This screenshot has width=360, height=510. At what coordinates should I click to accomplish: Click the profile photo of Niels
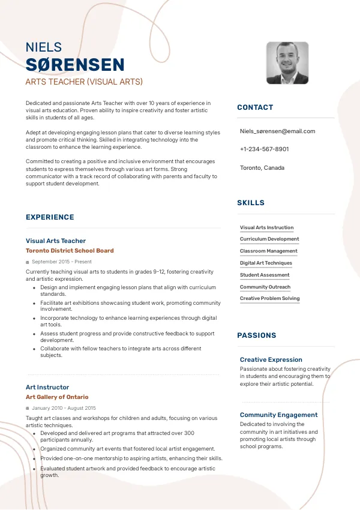click(287, 63)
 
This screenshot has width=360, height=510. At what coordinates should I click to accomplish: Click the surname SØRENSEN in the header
click(75, 65)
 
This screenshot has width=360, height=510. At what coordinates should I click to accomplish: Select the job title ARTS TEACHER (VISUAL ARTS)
click(84, 82)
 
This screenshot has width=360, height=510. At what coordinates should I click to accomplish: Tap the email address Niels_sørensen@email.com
click(277, 131)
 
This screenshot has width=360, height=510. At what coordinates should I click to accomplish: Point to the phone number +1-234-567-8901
click(264, 149)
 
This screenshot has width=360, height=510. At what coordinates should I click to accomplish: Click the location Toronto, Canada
click(262, 167)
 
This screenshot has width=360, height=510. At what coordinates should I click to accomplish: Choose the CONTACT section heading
click(255, 107)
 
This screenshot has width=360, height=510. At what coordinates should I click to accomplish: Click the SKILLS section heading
click(251, 203)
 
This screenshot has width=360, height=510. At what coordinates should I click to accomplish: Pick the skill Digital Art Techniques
click(266, 263)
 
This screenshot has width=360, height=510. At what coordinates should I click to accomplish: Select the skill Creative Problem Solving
click(269, 298)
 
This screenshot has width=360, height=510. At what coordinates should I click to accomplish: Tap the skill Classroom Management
click(268, 251)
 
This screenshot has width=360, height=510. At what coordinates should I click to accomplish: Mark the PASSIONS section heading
click(257, 335)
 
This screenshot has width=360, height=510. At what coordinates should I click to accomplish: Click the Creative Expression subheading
click(271, 359)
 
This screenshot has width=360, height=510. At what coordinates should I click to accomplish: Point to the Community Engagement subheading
click(278, 415)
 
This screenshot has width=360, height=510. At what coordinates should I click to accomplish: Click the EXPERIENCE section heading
click(50, 217)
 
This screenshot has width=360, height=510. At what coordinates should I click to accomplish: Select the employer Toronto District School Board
click(70, 251)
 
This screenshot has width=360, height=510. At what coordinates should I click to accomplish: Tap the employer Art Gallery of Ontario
click(57, 397)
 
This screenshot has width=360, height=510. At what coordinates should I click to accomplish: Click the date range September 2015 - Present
click(61, 262)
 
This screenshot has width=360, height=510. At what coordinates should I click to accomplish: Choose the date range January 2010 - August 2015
click(64, 408)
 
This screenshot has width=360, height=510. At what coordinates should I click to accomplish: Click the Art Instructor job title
click(47, 387)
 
